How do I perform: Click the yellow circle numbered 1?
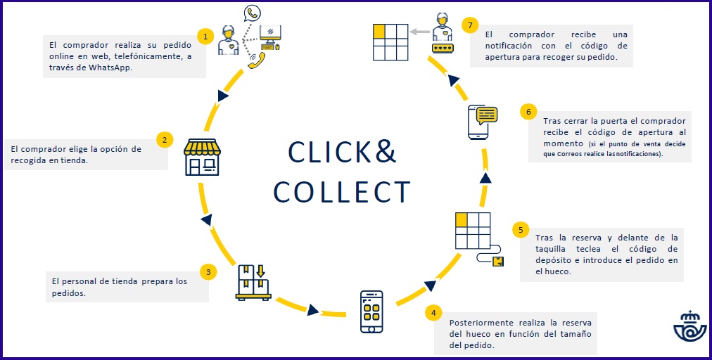[x=205, y=36]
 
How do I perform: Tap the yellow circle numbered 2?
[x=164, y=139]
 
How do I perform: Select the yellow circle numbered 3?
[x=207, y=271]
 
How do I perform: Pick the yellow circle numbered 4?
[x=433, y=312]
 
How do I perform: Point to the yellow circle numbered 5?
[x=520, y=230]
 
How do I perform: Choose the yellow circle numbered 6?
[x=528, y=112]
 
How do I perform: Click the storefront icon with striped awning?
[x=201, y=156]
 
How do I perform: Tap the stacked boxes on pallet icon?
[x=253, y=282]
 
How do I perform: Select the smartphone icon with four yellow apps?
[x=372, y=311]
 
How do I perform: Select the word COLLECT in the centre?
[x=341, y=192]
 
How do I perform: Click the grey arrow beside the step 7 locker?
[x=421, y=31]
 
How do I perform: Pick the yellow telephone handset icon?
[x=256, y=60]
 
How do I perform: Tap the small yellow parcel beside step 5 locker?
[x=498, y=262]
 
